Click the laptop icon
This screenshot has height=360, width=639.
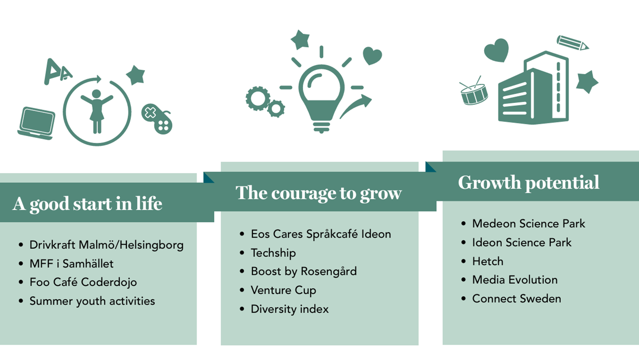pyautogui.click(x=36, y=123)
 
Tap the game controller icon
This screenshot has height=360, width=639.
pyautogui.click(x=157, y=119)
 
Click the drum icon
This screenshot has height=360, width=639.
pyautogui.click(x=473, y=91)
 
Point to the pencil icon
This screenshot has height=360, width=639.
pyautogui.click(x=572, y=43)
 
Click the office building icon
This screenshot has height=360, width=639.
pyautogui.click(x=533, y=88)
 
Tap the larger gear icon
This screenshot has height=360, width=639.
pyautogui.click(x=258, y=98)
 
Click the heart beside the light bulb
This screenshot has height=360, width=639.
pyautogui.click(x=372, y=55)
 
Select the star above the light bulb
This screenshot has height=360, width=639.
pyautogui.click(x=300, y=40)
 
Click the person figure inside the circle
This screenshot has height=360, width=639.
pyautogui.click(x=97, y=111)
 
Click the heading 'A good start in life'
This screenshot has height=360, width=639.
pyautogui.click(x=87, y=204)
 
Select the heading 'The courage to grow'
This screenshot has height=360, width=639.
pyautogui.click(x=319, y=194)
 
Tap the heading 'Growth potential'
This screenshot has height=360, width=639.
pyautogui.click(x=529, y=183)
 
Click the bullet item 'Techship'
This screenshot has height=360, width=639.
pyautogui.click(x=273, y=253)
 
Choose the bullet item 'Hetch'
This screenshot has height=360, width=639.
pyautogui.click(x=488, y=261)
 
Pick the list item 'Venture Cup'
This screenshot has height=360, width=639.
pyautogui.click(x=284, y=290)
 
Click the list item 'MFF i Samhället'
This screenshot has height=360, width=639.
pyautogui.click(x=71, y=264)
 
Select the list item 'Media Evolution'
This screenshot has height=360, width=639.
pyautogui.click(x=515, y=280)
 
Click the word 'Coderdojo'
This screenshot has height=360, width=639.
pyautogui.click(x=109, y=282)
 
